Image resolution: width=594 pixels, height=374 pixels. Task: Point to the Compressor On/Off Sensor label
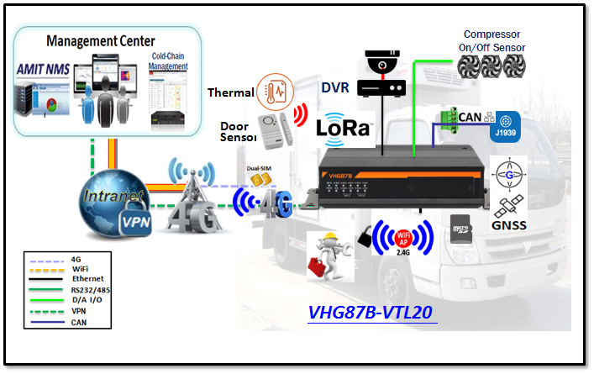[498, 40]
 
